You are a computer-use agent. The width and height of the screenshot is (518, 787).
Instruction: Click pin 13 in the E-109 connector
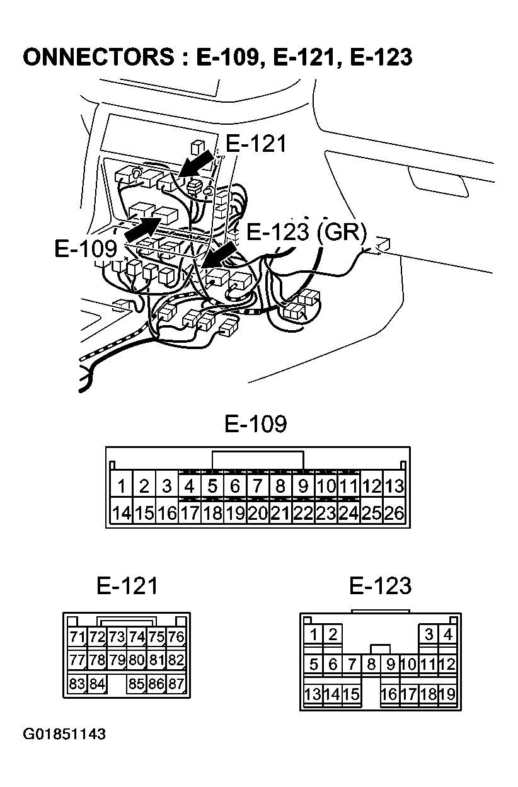394,486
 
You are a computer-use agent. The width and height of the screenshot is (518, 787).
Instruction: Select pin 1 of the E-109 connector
121,486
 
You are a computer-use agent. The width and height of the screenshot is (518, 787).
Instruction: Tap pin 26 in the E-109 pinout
394,513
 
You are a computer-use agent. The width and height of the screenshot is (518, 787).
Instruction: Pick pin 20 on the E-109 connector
258,513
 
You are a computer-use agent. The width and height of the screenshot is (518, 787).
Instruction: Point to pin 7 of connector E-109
258,486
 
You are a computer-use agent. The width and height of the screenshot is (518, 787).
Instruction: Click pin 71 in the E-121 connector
77,637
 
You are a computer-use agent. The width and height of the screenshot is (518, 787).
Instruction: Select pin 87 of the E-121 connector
176,684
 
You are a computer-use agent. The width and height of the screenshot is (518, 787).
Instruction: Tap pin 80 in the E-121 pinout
137,660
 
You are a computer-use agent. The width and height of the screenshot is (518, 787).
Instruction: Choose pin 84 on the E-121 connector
97,684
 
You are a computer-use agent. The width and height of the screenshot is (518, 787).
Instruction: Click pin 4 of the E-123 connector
448,634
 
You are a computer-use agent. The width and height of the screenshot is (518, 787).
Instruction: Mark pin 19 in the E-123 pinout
447,694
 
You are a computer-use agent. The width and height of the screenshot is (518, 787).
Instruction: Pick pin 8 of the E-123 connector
372,664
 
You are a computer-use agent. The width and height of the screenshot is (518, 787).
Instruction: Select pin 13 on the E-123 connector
313,694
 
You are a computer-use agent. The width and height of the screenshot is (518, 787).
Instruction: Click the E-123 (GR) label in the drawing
306,233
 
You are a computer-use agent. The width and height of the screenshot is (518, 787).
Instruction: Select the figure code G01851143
64,735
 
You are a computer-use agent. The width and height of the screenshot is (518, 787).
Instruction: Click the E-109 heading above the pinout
256,424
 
